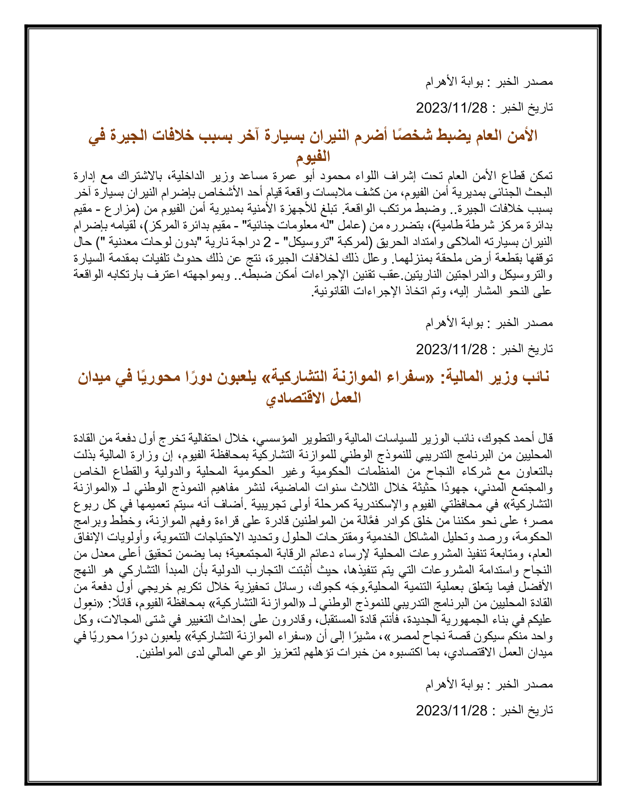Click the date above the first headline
point(451,108)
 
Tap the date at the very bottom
point(451,710)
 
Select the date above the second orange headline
point(451,349)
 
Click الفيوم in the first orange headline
point(313,156)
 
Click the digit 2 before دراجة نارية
point(267,242)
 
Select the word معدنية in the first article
point(124,242)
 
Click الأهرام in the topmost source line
point(441,82)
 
